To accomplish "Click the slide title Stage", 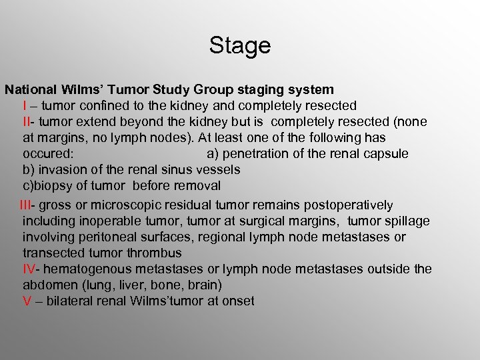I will [240, 46].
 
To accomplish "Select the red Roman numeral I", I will [25, 105].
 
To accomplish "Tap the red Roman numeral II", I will [27, 121].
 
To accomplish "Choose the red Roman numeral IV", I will [29, 269].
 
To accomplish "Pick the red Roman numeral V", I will [27, 301].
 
